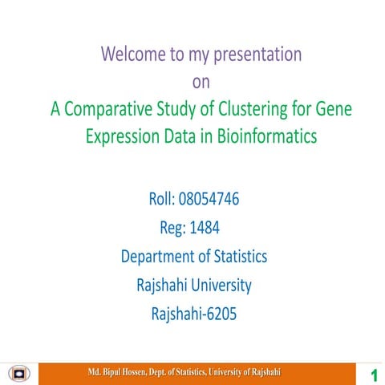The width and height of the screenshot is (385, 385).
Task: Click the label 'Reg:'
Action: tap(172, 228)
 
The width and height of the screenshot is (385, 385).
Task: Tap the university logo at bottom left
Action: tap(18, 373)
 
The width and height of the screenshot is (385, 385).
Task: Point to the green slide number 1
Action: tap(373, 375)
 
